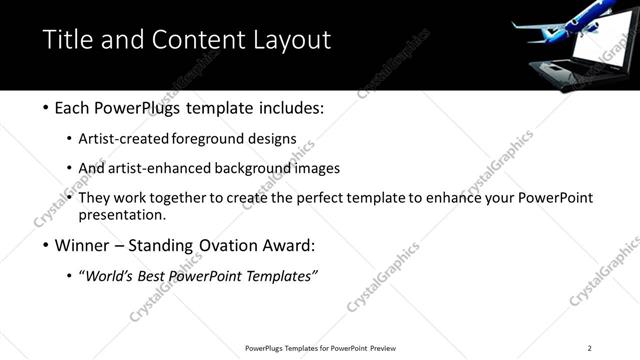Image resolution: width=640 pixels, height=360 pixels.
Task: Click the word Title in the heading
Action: point(66,41)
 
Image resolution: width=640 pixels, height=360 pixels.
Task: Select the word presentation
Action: point(121,214)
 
